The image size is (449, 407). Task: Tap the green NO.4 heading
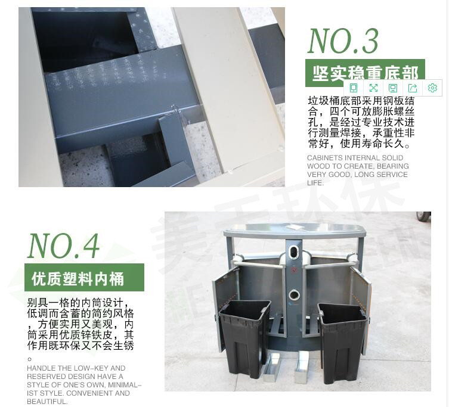point(64,244)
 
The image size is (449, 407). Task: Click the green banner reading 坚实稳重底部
point(365,73)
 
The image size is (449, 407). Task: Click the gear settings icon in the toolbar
point(432,88)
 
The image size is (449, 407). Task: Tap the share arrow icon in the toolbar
point(413,88)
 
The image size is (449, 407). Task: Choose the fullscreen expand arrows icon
point(373,88)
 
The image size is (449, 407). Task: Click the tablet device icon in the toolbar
point(354,88)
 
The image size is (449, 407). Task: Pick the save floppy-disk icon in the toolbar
point(393,88)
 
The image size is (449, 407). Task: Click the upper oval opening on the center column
point(293,249)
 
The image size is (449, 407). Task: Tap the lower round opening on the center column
point(293,294)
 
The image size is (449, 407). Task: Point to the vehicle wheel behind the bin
point(424,216)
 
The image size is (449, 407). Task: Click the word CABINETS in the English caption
point(326,158)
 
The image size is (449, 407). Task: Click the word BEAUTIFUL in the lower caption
point(48,402)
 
